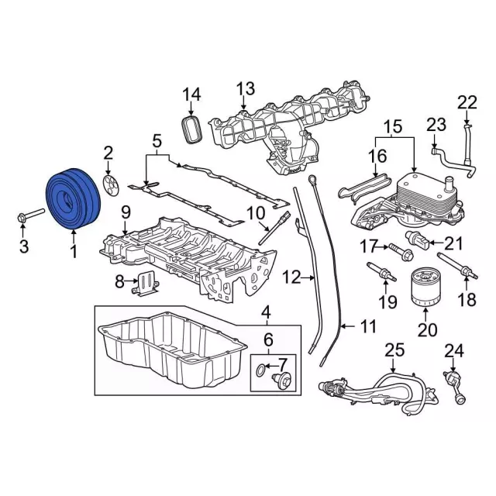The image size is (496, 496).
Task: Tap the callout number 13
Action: click(246, 88)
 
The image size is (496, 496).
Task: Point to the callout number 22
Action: click(467, 102)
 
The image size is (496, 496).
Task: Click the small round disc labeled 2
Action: click(109, 183)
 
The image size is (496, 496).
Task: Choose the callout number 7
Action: click(282, 363)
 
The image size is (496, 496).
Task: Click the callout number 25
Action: click(395, 351)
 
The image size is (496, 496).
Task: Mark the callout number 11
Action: click(367, 326)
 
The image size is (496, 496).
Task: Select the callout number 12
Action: click(291, 276)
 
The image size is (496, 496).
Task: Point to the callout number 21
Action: click(453, 243)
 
